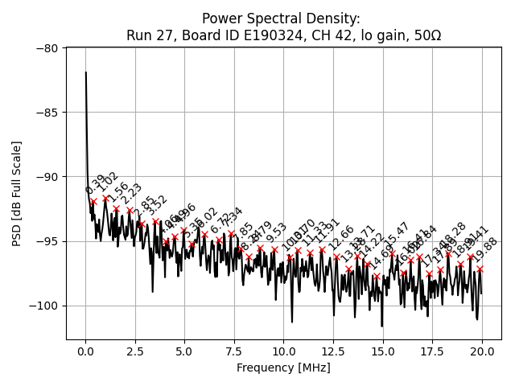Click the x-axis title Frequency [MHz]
tap(283, 368)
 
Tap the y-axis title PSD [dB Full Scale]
tap(16, 193)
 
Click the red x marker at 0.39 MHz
tap(93, 201)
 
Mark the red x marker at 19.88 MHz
tap(480, 269)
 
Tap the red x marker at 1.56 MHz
tap(116, 208)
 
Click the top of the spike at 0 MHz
tap(86, 72)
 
